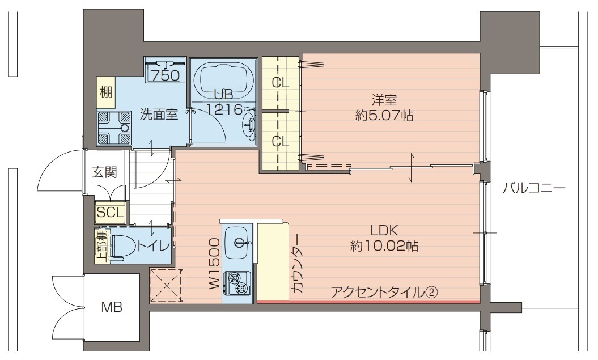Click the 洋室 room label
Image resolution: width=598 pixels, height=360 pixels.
click(x=384, y=100)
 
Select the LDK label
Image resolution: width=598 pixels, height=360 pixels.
click(x=385, y=231)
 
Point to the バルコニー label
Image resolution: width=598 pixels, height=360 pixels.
click(x=533, y=188)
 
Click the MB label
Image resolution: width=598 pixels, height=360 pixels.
click(x=112, y=308)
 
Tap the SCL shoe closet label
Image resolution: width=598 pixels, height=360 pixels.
click(x=110, y=213)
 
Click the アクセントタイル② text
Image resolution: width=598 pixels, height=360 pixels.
click(x=383, y=292)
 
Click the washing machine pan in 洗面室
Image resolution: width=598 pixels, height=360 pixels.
click(x=113, y=128)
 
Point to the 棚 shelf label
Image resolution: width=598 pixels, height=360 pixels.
click(x=105, y=91)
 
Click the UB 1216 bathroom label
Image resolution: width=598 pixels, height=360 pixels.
click(x=224, y=101)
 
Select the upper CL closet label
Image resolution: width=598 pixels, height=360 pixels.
click(x=281, y=83)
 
